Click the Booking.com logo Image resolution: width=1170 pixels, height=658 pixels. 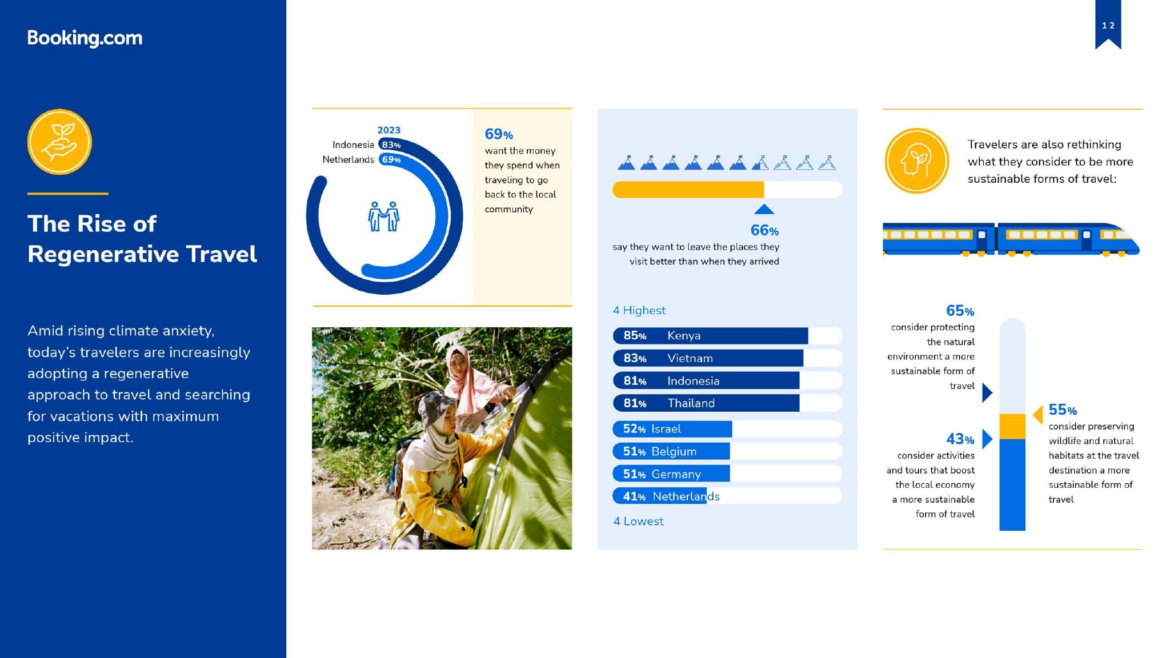click(x=85, y=38)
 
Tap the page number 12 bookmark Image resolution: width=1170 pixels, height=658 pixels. click(x=1108, y=25)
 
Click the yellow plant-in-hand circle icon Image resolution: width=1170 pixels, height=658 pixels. click(x=59, y=142)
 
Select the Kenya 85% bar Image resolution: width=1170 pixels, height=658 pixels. click(x=710, y=335)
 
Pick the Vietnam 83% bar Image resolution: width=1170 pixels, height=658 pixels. click(x=708, y=358)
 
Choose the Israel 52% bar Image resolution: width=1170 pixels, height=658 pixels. click(x=672, y=428)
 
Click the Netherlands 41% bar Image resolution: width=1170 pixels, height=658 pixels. click(x=659, y=496)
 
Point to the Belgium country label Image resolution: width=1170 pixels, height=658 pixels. click(x=674, y=451)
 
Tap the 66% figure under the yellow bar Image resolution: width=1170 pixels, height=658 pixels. click(x=764, y=230)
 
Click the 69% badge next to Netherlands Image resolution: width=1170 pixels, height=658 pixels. click(x=391, y=159)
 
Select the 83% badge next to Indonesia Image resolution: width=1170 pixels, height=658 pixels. click(x=391, y=145)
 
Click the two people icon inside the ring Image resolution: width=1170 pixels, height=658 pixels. click(x=384, y=216)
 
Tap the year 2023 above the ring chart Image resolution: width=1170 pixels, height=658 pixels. click(x=389, y=130)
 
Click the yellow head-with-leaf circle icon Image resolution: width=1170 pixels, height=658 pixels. click(x=916, y=161)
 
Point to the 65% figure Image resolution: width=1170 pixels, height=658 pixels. click(x=960, y=311)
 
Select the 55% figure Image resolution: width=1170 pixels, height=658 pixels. click(x=1063, y=410)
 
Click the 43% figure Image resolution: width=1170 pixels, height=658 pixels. click(x=960, y=439)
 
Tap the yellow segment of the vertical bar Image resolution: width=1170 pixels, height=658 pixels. click(x=1012, y=426)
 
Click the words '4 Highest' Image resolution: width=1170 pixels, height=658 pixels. click(x=639, y=310)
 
